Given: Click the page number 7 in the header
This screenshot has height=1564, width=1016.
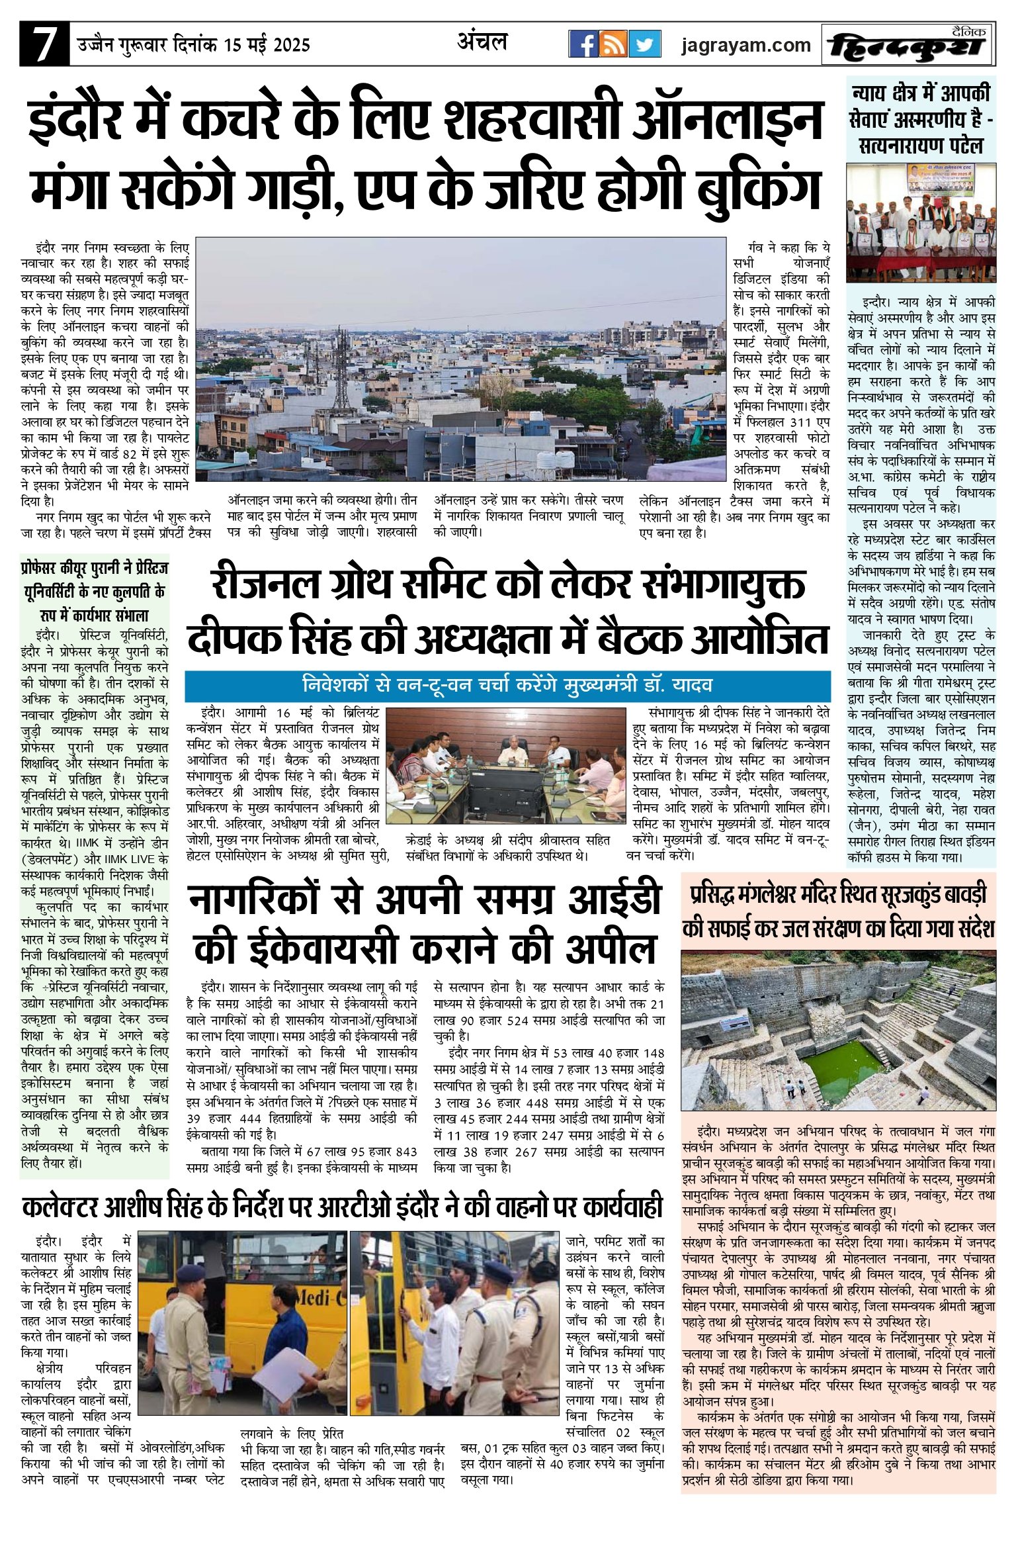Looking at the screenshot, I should click(x=44, y=44).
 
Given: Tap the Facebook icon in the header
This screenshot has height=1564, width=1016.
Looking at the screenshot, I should click(x=583, y=44).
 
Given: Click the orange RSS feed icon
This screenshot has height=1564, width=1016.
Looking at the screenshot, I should click(x=614, y=44).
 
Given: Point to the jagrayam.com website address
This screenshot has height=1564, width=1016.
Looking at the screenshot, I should click(x=746, y=45).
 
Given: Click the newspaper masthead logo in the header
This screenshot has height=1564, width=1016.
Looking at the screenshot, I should click(x=908, y=45).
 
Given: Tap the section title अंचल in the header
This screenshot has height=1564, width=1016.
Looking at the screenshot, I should click(x=482, y=42).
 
